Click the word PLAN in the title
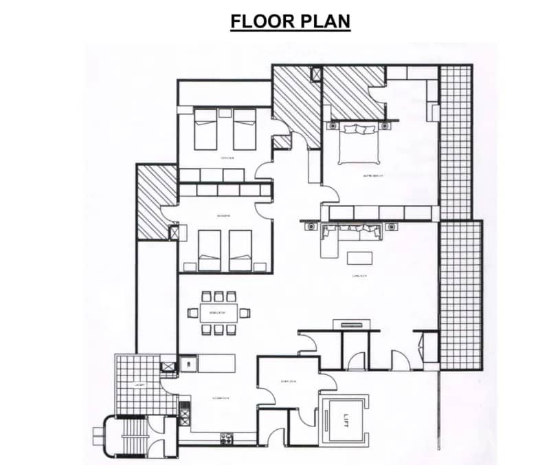pyautogui.click(x=322, y=21)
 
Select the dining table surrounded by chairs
pyautogui.click(x=219, y=313)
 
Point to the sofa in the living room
pyautogui.click(x=350, y=233)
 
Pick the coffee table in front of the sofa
pyautogui.click(x=359, y=257)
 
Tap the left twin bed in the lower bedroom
pyautogui.click(x=210, y=250)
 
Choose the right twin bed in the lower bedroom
pyautogui.click(x=240, y=250)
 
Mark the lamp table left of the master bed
pyautogui.click(x=333, y=126)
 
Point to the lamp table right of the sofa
pyautogui.click(x=391, y=226)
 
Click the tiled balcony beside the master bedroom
pyautogui.click(x=455, y=141)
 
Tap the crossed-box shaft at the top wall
pyautogui.click(x=316, y=73)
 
